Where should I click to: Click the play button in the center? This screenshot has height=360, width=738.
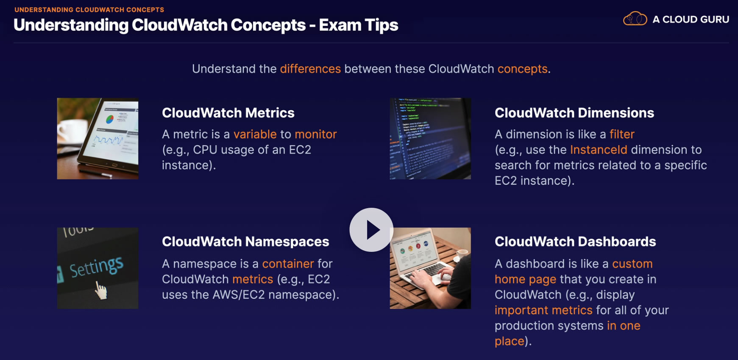[371, 230]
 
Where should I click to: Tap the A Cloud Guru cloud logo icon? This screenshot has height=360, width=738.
[635, 19]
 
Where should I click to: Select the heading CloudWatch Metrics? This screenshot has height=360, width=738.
[228, 113]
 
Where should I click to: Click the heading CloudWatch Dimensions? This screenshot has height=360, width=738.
[574, 113]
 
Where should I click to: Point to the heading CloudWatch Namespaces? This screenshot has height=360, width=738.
[245, 242]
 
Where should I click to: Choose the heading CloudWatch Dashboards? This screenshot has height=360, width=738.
[575, 242]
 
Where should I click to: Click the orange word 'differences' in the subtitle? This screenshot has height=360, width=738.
[310, 69]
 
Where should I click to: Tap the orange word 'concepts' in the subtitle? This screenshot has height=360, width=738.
[523, 69]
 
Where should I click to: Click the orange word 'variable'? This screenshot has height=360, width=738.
[255, 134]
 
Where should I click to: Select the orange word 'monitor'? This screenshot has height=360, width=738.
[316, 134]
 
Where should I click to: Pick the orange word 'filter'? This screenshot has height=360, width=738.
[622, 134]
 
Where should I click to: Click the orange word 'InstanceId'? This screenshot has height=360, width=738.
[599, 150]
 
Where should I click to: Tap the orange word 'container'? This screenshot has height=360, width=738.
[288, 264]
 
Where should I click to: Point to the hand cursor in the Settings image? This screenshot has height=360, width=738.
[100, 290]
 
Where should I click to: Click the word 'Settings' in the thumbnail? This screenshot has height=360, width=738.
[97, 267]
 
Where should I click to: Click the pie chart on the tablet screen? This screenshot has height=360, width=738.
[110, 119]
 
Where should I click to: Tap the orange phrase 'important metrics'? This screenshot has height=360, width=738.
[543, 310]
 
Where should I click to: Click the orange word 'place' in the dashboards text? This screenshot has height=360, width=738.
[510, 341]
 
